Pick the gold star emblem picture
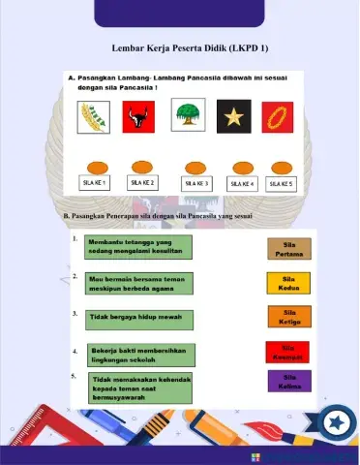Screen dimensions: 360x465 (234, 118)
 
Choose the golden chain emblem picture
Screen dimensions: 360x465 (281, 118)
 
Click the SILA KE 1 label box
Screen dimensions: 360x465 (94, 182)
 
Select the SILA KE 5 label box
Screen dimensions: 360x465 (281, 182)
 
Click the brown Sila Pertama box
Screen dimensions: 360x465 (289, 249)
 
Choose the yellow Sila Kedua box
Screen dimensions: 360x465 (289, 283)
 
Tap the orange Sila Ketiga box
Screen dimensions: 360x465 (289, 317)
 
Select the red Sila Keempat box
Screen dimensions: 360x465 (287, 351)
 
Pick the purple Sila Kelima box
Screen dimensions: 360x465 (289, 381)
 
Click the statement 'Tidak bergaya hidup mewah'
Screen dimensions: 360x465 (135, 317)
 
